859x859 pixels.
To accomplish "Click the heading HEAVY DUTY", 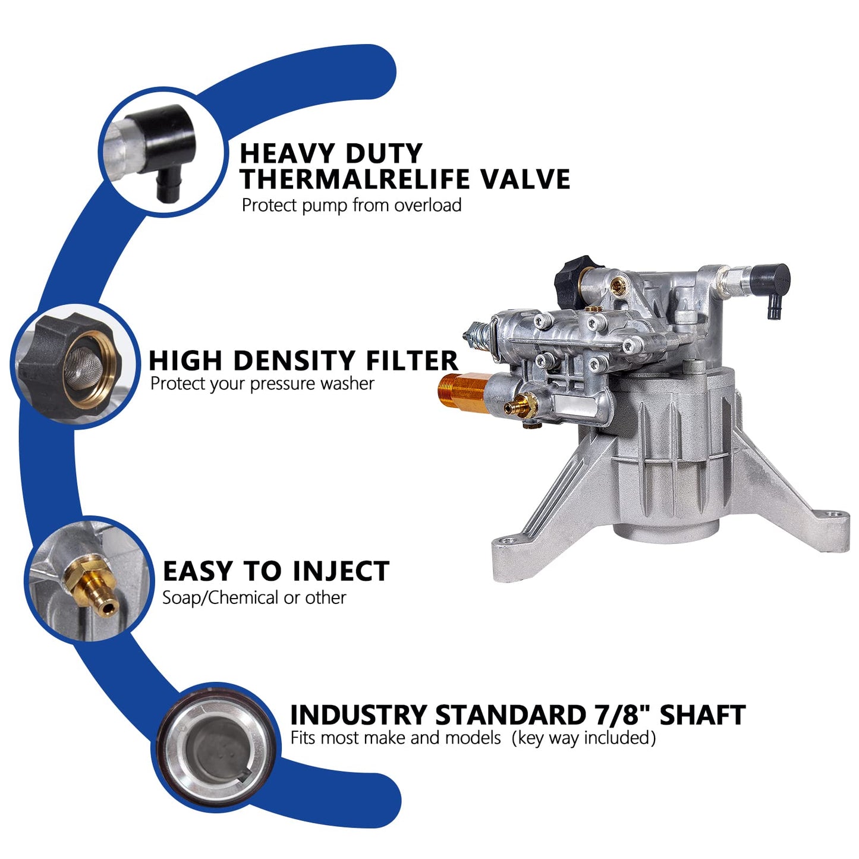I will [x=331, y=153].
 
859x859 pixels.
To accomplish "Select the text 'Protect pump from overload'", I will [x=351, y=206].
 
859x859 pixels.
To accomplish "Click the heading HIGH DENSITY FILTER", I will [x=303, y=361].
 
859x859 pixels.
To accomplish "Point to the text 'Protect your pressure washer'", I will [x=262, y=384].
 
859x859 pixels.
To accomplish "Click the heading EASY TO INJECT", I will [x=276, y=571].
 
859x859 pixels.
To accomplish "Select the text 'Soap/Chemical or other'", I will [x=254, y=597].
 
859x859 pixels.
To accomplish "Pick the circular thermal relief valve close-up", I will [x=162, y=152].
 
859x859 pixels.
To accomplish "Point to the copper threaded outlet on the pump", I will [x=462, y=390].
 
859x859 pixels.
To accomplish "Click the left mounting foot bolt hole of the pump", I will [x=506, y=542].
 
